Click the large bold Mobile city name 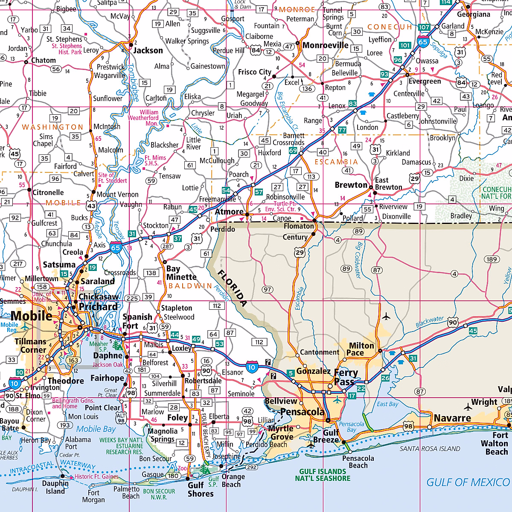(x=31, y=316)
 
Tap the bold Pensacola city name (x=303, y=412)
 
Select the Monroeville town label (x=326, y=45)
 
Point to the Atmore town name (x=229, y=212)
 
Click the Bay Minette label (x=181, y=273)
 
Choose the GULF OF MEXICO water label (x=468, y=482)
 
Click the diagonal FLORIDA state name (x=232, y=288)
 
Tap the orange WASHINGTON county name (x=52, y=127)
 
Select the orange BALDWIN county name (x=190, y=286)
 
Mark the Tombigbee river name (x=133, y=82)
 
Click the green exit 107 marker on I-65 (x=424, y=27)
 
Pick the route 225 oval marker (x=132, y=298)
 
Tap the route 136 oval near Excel (x=307, y=89)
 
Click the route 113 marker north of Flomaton (x=311, y=177)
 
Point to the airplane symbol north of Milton (x=386, y=316)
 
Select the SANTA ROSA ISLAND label (x=430, y=448)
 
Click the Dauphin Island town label (x=55, y=487)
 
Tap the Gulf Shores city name (x=200, y=489)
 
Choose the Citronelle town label (x=48, y=192)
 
